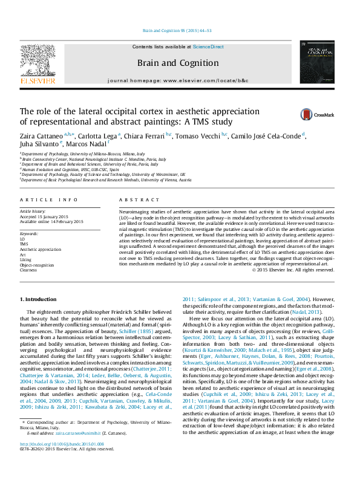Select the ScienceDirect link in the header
208,47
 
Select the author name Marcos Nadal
87,144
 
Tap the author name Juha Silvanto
40,144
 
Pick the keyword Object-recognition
36,265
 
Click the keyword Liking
25,259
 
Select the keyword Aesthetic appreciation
41,248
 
